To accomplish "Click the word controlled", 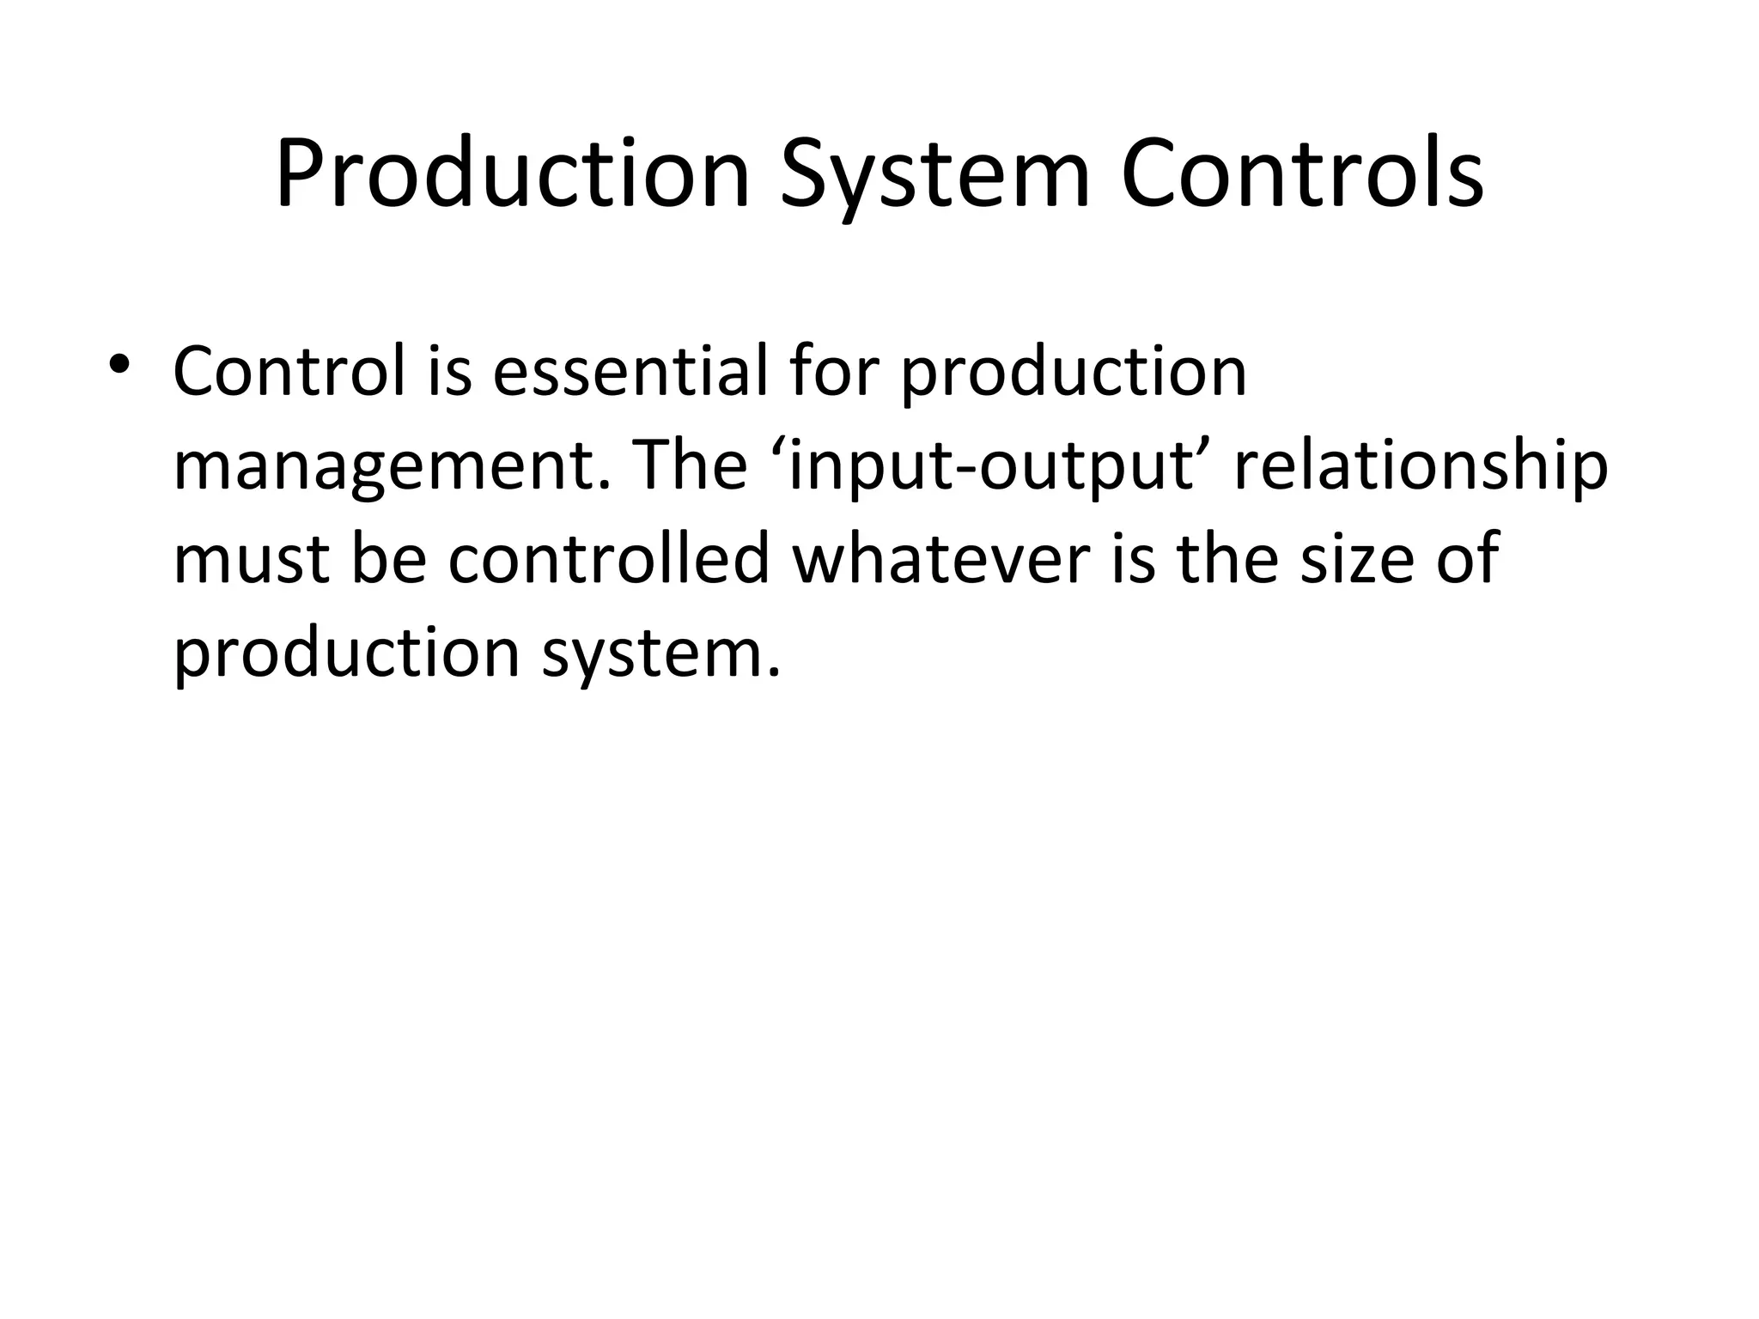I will [x=609, y=558].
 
